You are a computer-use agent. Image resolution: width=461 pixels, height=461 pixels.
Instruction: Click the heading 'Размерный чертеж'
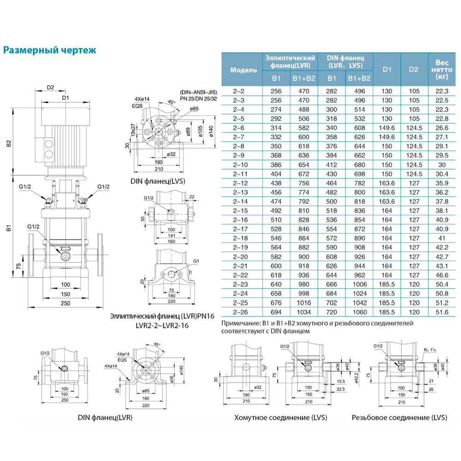50,50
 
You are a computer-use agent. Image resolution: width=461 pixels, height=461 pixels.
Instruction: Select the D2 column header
414,70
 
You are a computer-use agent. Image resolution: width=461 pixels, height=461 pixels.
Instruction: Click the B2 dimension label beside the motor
9,144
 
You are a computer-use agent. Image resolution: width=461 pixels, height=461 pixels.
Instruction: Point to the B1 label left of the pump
9,227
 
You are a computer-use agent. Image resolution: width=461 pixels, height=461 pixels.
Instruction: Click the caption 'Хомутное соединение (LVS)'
280,418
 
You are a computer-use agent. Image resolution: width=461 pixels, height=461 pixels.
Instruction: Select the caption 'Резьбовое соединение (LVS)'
399,418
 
